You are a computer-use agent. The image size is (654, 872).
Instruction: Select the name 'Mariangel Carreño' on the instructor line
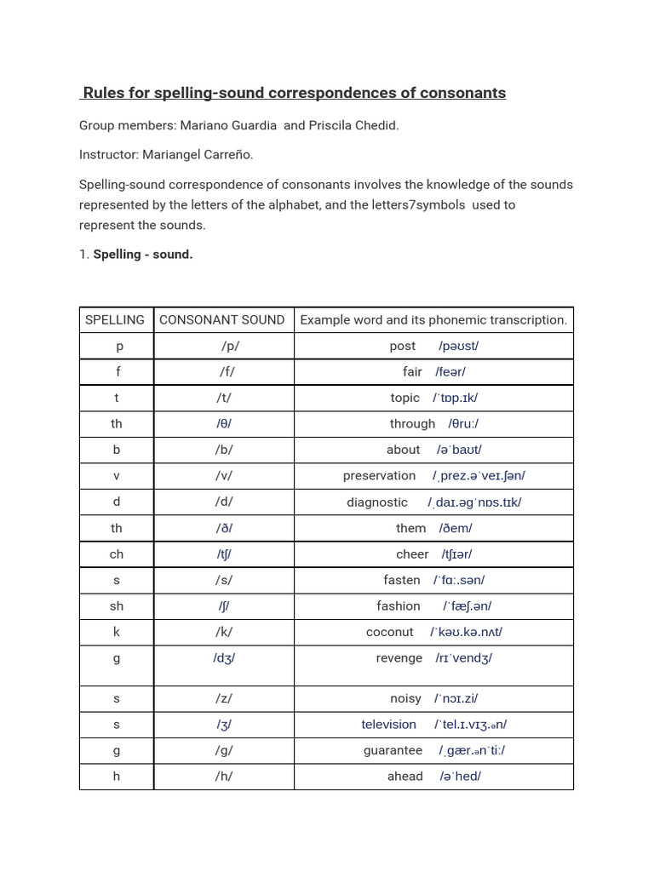(198, 154)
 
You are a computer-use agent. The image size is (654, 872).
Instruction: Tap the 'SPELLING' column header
(115, 320)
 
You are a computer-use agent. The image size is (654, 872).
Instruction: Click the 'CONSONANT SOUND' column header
(222, 320)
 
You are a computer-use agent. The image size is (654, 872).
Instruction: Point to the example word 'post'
(403, 346)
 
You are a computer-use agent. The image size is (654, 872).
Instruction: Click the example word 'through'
(412, 423)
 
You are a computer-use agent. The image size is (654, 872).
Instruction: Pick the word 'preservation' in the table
(379, 475)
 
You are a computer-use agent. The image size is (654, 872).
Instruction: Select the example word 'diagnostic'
(377, 502)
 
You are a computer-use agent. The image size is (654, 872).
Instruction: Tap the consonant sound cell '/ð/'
(224, 528)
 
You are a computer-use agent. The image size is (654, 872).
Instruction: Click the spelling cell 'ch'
(117, 554)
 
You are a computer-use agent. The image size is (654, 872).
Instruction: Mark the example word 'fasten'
(402, 580)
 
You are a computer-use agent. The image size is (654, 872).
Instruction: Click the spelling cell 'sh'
(117, 605)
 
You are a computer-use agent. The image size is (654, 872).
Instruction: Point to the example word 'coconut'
(390, 632)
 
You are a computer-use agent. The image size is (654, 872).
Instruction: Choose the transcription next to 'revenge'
(464, 657)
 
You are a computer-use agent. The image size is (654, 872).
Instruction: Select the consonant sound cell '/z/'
(224, 698)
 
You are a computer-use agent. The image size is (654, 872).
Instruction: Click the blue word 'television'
(389, 724)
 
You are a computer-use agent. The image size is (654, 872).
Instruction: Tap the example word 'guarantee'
(393, 750)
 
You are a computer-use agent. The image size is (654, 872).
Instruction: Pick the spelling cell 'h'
(117, 776)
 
